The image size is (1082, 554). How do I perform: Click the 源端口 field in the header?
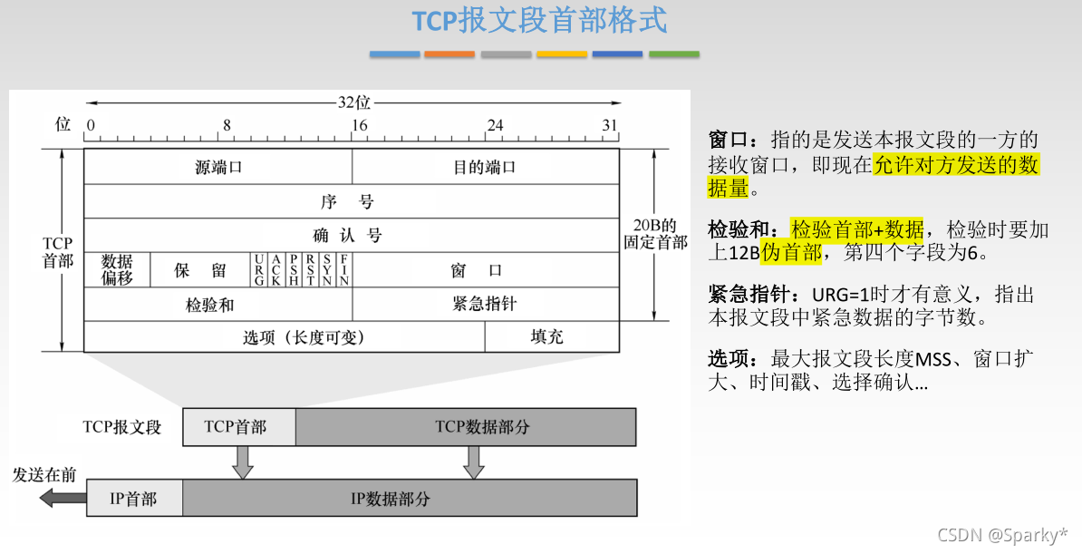(x=218, y=167)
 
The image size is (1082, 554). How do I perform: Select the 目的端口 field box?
(x=485, y=167)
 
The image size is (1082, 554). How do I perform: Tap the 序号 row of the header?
(x=351, y=201)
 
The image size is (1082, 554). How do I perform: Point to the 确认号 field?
(x=351, y=236)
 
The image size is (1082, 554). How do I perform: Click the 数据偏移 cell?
(x=117, y=270)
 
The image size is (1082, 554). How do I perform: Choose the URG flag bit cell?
(x=259, y=270)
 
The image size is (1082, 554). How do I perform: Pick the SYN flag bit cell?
(x=326, y=270)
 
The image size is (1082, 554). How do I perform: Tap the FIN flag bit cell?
(x=343, y=270)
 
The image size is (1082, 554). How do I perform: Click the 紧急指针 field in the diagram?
(x=485, y=304)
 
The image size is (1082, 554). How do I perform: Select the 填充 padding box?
(x=552, y=336)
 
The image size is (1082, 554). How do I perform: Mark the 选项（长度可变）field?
(x=285, y=336)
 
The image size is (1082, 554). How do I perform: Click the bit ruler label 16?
(x=360, y=125)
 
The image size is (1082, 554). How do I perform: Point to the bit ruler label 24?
(x=494, y=125)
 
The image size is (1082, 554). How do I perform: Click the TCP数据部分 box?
(x=466, y=426)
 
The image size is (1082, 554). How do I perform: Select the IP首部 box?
(x=134, y=499)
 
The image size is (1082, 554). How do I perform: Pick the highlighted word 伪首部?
(x=791, y=252)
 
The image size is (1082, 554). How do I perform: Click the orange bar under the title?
(x=449, y=54)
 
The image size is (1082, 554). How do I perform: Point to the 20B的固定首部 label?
(x=653, y=234)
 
